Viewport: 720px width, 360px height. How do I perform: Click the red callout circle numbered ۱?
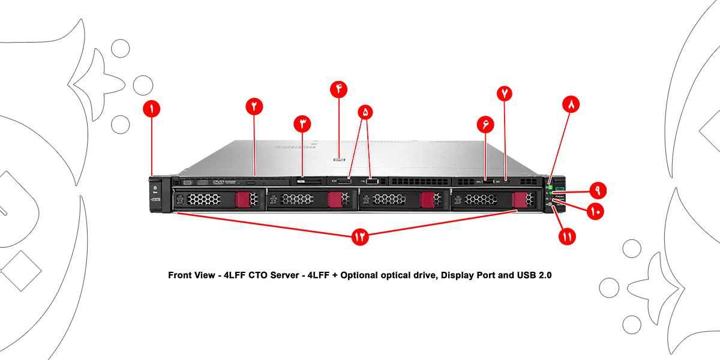pos(152,109)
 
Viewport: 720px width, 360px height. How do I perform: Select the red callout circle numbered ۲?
pos(254,106)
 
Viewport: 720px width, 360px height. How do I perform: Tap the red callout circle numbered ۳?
pos(302,124)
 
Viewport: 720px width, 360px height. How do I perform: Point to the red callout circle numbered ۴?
pos(339,89)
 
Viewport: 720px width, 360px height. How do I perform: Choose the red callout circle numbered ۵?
pos(365,112)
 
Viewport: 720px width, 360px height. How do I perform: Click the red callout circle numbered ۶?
pos(484,124)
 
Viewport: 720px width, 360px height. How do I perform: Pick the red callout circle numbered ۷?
pos(505,94)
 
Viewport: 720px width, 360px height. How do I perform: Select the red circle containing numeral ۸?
pos(571,104)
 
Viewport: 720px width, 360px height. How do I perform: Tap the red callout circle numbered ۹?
pos(598,190)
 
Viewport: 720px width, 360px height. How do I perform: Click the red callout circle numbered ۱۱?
pos(567,236)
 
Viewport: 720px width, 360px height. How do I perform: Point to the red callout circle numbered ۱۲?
pos(359,237)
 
